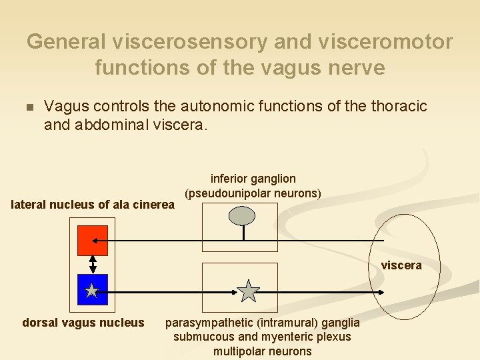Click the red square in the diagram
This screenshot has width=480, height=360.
pyautogui.click(x=93, y=241)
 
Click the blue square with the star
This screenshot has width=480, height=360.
pyautogui.click(x=92, y=290)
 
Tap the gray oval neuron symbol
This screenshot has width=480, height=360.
pyautogui.click(x=243, y=215)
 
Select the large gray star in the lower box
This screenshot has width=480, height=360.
pyautogui.click(x=249, y=291)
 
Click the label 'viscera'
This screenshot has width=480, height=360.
pyautogui.click(x=401, y=265)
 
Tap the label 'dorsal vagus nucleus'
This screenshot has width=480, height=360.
pyautogui.click(x=83, y=323)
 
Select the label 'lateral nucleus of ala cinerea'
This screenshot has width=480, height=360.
pyautogui.click(x=93, y=205)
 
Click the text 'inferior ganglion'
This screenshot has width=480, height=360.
pyautogui.click(x=253, y=179)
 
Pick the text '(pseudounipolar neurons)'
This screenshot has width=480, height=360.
pyautogui.click(x=253, y=193)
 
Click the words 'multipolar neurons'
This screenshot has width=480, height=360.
pyautogui.click(x=263, y=351)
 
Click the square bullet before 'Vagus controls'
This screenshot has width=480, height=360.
pyautogui.click(x=27, y=107)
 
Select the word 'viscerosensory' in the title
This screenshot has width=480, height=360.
pyautogui.click(x=178, y=41)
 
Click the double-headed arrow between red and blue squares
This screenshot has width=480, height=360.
pyautogui.click(x=93, y=265)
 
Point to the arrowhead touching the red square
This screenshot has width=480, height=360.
pyautogui.click(x=97, y=240)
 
